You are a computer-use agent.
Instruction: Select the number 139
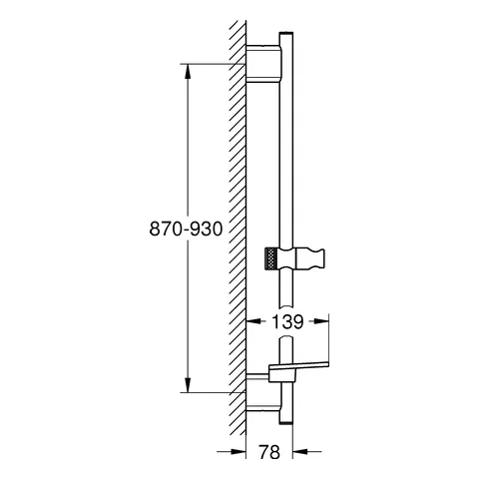point(287,322)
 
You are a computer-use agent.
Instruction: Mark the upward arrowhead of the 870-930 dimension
point(186,70)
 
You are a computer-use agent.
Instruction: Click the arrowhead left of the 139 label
point(252,322)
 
